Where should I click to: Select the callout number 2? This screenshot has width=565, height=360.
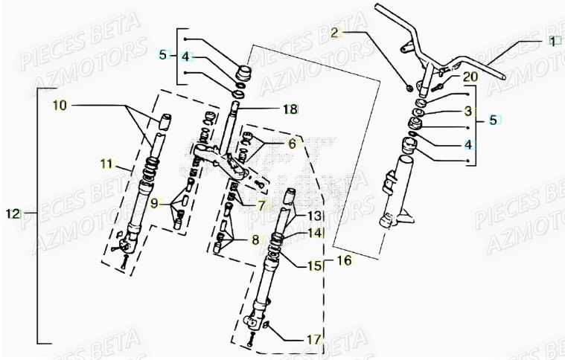point(335,32)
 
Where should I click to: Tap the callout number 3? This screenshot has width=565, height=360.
point(468,111)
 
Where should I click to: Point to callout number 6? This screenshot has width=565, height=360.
point(292,144)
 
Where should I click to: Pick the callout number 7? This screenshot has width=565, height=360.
point(261,204)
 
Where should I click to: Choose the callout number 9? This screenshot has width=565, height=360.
point(154,202)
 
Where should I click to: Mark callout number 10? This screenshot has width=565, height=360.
point(60,106)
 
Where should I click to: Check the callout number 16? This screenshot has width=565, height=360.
point(343,260)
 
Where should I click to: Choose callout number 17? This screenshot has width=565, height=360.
point(314,339)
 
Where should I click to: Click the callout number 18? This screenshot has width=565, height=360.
point(290,109)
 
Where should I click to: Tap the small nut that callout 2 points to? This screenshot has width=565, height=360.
point(410,88)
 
